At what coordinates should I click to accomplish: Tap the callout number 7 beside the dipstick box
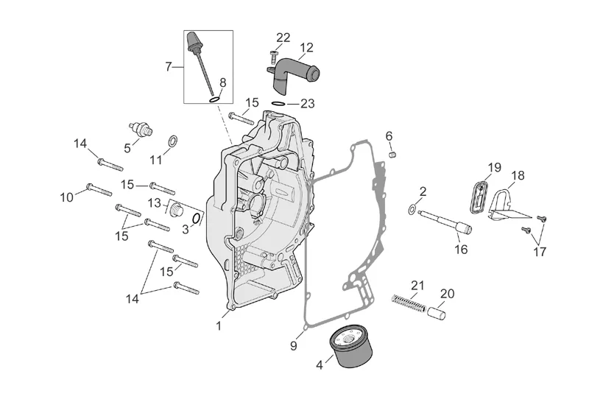[x=169, y=66]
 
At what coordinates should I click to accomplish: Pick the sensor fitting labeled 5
[x=139, y=129]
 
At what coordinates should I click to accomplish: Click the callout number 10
[x=67, y=197]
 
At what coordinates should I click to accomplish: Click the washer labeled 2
[x=411, y=211]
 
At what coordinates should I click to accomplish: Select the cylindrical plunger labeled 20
[x=440, y=314]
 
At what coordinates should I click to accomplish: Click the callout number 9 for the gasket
[x=292, y=345]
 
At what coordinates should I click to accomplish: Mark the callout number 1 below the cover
[x=218, y=325]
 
